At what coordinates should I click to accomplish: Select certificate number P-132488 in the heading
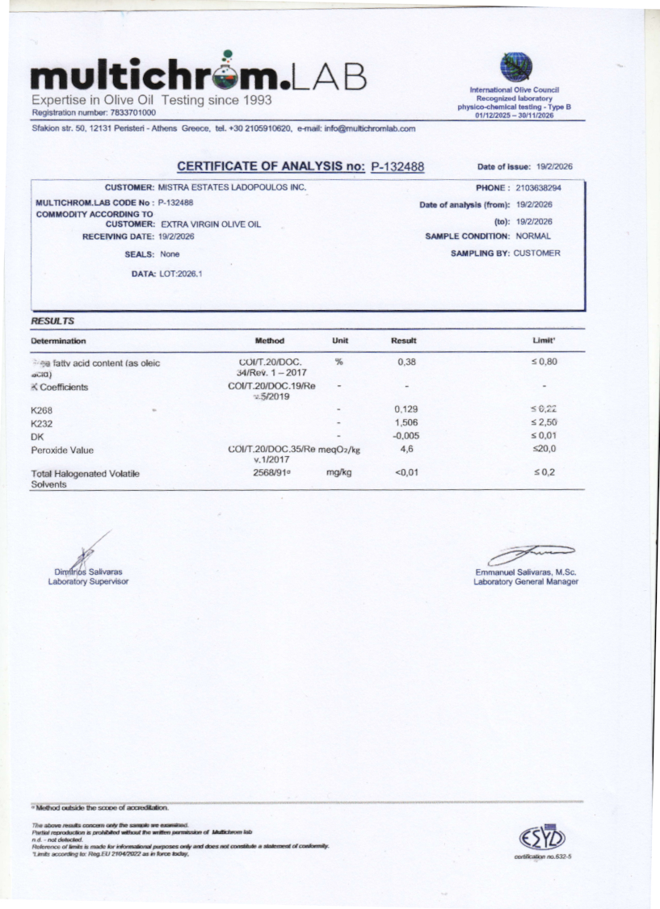397,167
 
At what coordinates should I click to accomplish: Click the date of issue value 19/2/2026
554,167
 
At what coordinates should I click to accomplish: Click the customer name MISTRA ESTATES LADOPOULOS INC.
232,187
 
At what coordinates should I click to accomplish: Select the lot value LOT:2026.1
181,274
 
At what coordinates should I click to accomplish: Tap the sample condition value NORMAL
533,237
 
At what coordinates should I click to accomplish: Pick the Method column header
269,341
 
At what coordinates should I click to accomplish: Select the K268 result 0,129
406,409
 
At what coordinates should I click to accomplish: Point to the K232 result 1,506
406,423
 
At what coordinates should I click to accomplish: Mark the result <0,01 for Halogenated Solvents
406,472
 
